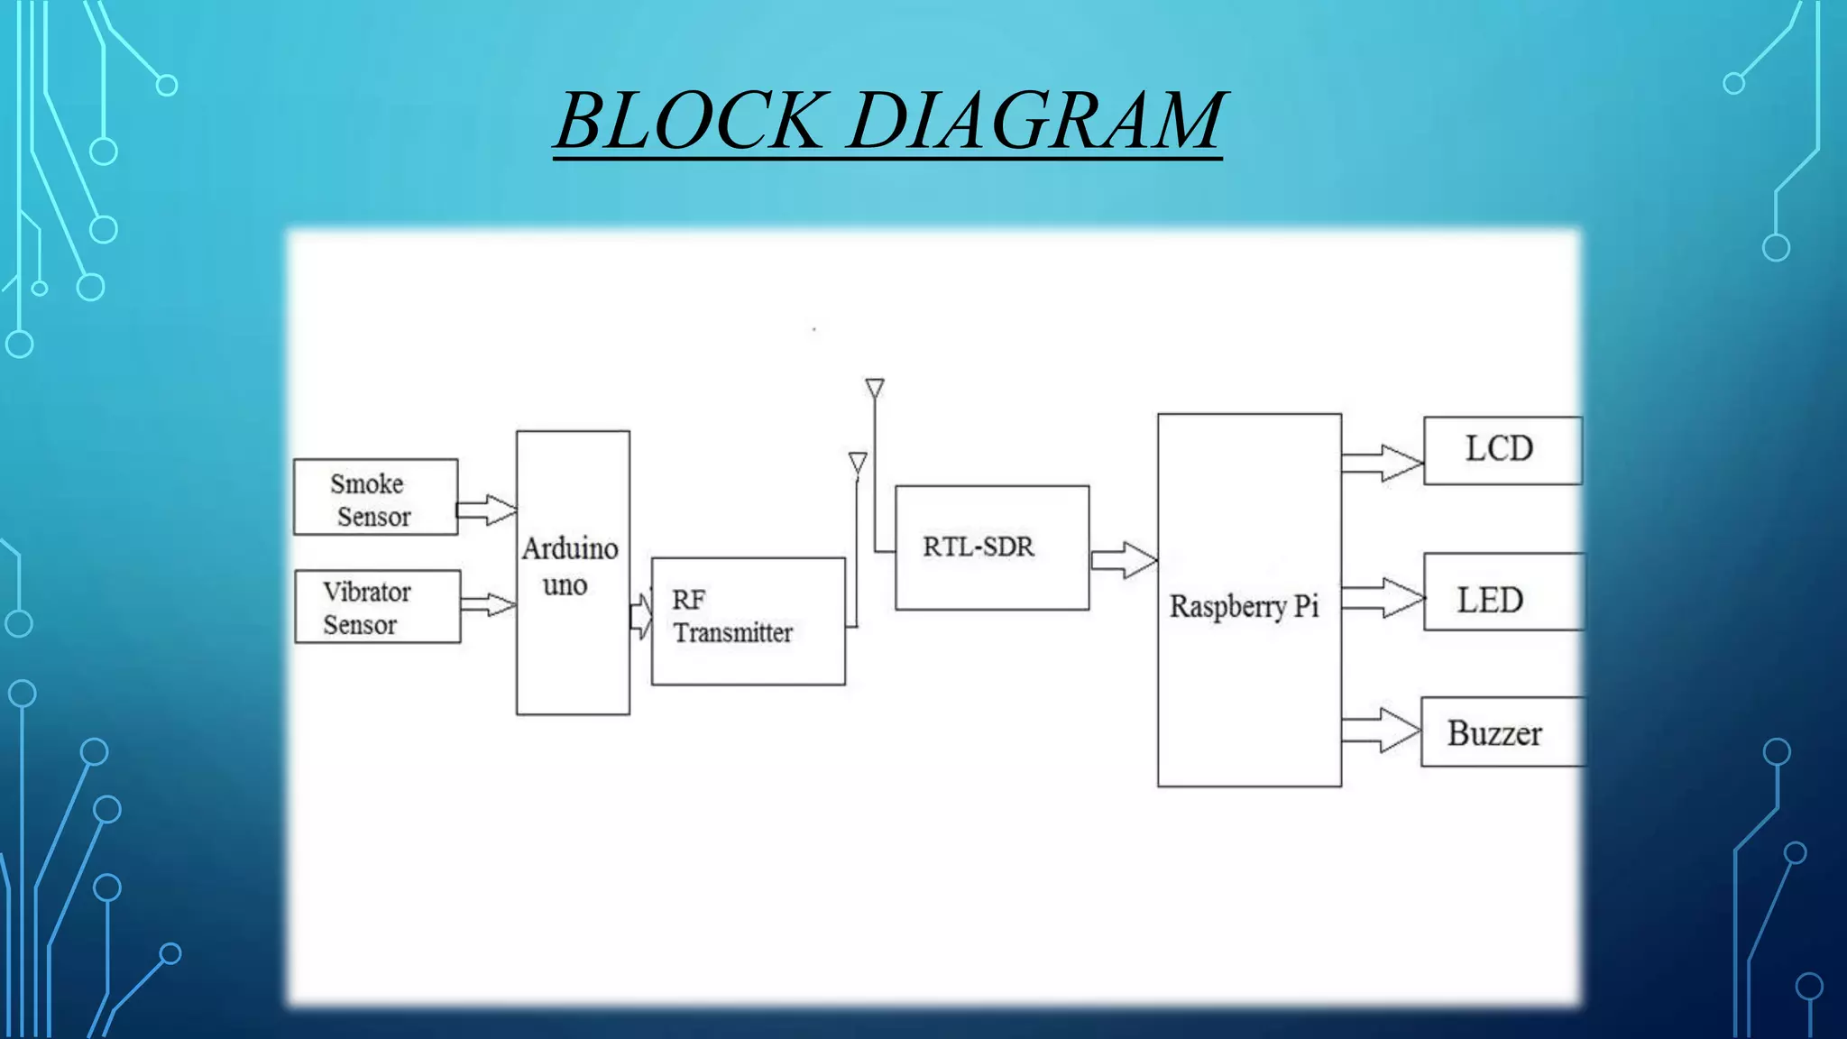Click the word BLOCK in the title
pyautogui.click(x=690, y=121)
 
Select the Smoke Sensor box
pyautogui.click(x=375, y=498)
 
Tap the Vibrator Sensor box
pyautogui.click(x=377, y=607)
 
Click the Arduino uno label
pyautogui.click(x=570, y=566)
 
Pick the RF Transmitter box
pyautogui.click(x=748, y=621)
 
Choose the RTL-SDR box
pyautogui.click(x=991, y=547)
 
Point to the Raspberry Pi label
pyautogui.click(x=1244, y=606)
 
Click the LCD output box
pyautogui.click(x=1502, y=450)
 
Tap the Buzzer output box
pyautogui.click(x=1501, y=732)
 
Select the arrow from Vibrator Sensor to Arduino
pyautogui.click(x=488, y=604)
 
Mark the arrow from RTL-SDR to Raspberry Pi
pyautogui.click(x=1123, y=560)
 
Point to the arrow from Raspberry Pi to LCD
pyautogui.click(x=1382, y=464)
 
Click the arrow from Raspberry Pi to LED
pyautogui.click(x=1383, y=598)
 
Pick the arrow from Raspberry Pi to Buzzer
pyautogui.click(x=1381, y=730)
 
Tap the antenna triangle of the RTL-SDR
pyautogui.click(x=874, y=389)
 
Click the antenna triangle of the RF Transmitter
pyautogui.click(x=858, y=463)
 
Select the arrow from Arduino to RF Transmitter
pyautogui.click(x=640, y=617)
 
